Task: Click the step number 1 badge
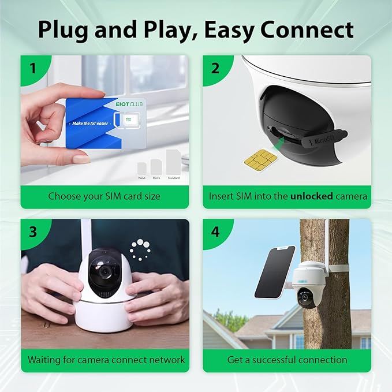pyautogui.click(x=33, y=68)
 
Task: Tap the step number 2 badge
pyautogui.click(x=215, y=68)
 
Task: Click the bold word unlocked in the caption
pyautogui.click(x=312, y=196)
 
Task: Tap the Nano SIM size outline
pyautogui.click(x=142, y=167)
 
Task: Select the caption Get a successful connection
pyautogui.click(x=287, y=360)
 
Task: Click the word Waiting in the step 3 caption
pyautogui.click(x=45, y=360)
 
